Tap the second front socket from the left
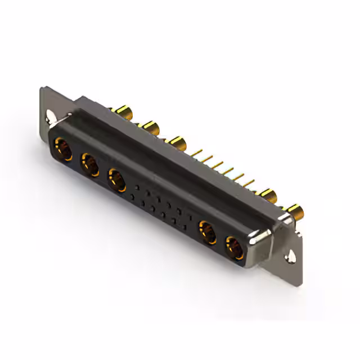(89, 165)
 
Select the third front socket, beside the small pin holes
(116, 179)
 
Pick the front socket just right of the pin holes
(207, 232)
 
